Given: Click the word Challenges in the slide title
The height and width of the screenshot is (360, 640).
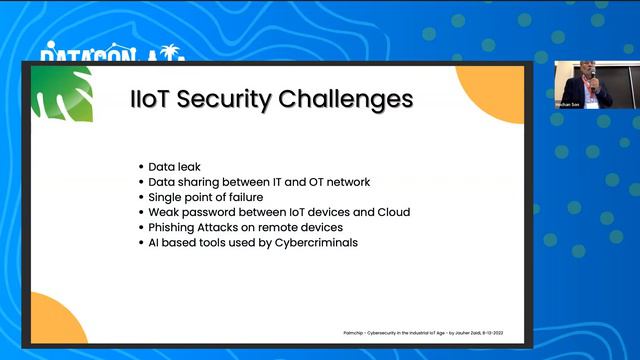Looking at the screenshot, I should coord(345,100).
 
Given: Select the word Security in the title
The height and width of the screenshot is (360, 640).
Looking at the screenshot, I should coord(231,100).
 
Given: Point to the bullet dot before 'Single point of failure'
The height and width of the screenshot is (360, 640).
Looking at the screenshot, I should coord(140,197).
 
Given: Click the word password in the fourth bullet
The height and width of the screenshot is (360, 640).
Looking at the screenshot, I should coord(221,212).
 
